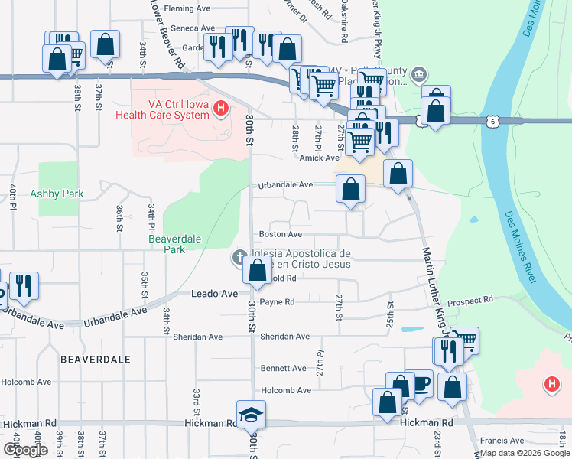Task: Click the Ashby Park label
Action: click(x=56, y=194)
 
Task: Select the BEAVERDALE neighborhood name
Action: click(x=96, y=359)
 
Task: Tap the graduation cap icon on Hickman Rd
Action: click(x=251, y=414)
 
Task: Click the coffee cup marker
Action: click(x=419, y=384)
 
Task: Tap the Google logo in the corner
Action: click(x=25, y=450)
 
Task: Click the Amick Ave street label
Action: click(x=319, y=158)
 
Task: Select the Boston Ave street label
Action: click(x=280, y=234)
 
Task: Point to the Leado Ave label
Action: click(x=214, y=294)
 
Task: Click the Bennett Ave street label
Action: click(x=283, y=368)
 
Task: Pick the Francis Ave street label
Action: click(x=502, y=441)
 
